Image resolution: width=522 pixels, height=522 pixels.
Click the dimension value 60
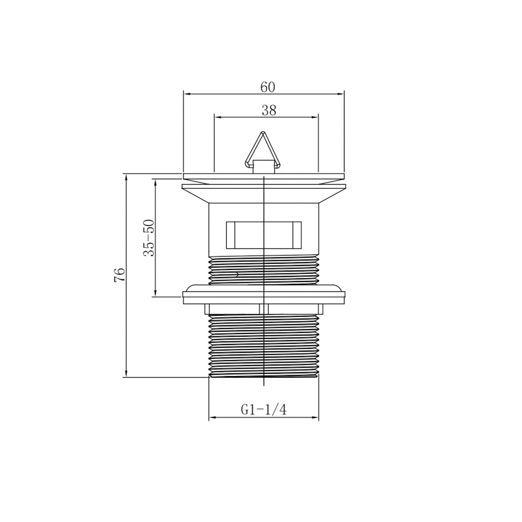(268, 87)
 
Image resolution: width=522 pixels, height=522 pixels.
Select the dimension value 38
(269, 110)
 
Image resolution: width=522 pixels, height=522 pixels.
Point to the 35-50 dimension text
(149, 238)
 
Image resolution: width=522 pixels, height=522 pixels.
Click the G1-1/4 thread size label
(264, 410)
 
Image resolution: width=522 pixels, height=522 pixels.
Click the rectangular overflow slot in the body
(264, 235)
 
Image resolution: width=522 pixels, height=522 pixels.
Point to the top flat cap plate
(264, 177)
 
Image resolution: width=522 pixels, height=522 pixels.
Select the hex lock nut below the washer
(264, 309)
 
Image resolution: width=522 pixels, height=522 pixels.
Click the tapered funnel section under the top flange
(264, 196)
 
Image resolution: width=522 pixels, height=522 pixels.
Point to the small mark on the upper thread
(237, 274)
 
